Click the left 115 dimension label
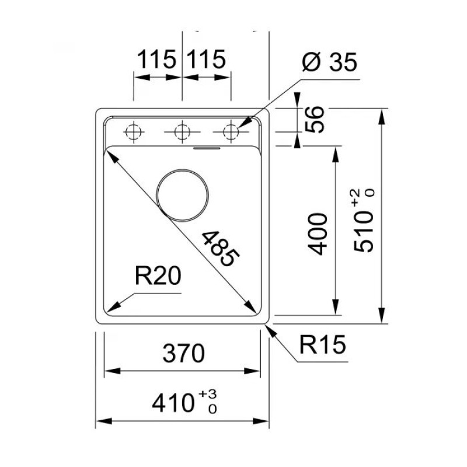pyautogui.click(x=157, y=60)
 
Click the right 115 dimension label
pyautogui.click(x=206, y=60)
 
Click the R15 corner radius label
pyautogui.click(x=323, y=346)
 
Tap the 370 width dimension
pyautogui.click(x=183, y=353)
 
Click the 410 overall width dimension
pyautogui.click(x=173, y=402)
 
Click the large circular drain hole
pyautogui.click(x=183, y=196)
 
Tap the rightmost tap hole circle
pyautogui.click(x=231, y=132)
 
